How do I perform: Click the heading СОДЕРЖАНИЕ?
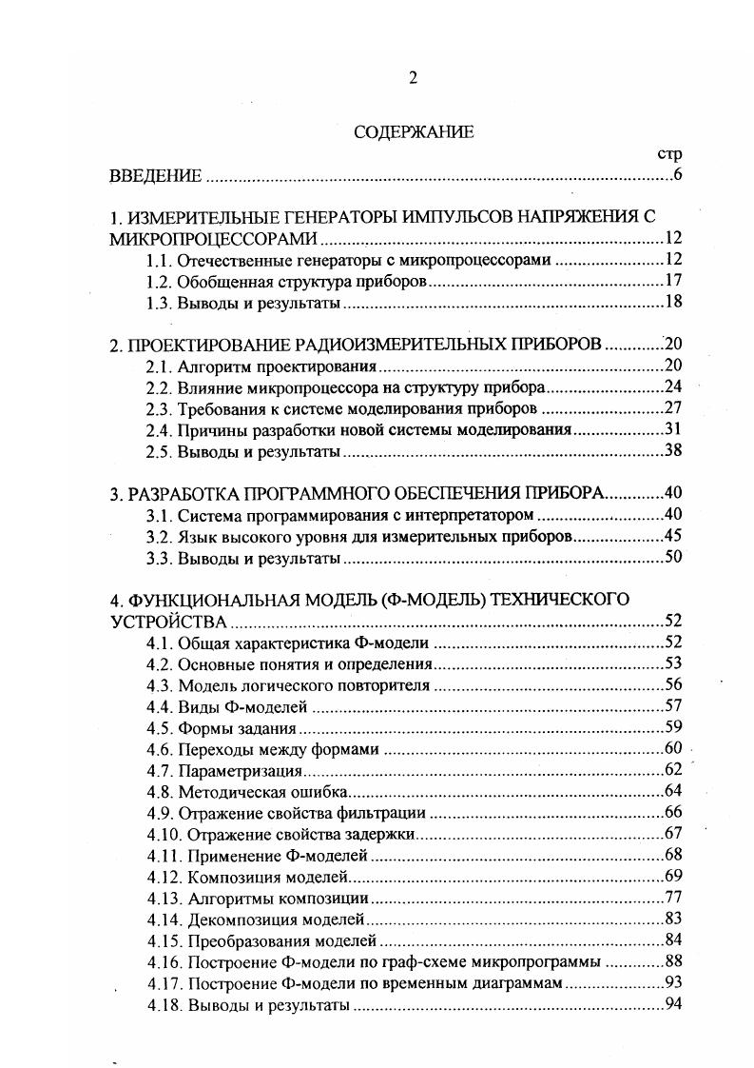(414, 132)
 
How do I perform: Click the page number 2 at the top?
(414, 78)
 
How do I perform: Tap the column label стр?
(671, 153)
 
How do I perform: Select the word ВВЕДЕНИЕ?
(156, 176)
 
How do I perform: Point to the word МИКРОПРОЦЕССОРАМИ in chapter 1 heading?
(214, 238)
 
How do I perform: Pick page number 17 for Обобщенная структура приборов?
(673, 282)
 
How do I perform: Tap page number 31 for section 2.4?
(673, 430)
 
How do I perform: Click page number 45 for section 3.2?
(673, 537)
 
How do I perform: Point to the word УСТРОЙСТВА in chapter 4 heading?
(168, 623)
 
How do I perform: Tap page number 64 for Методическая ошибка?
(673, 791)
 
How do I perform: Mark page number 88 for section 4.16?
(673, 961)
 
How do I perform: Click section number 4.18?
(163, 1004)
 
